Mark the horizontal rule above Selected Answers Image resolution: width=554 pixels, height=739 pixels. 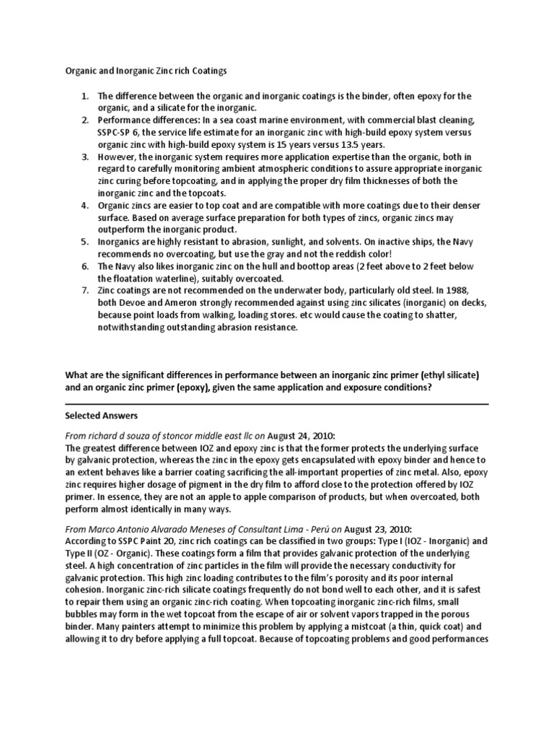point(276,403)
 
